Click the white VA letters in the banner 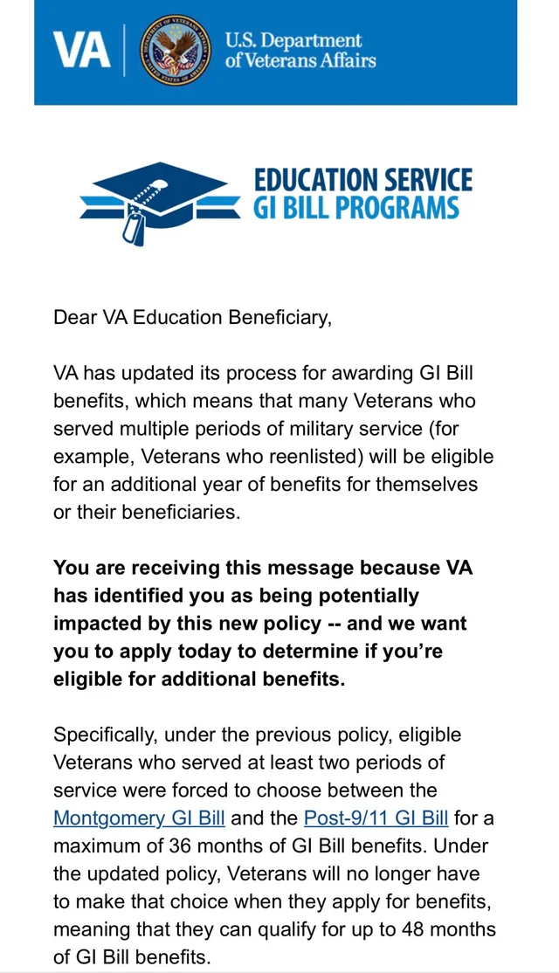pyautogui.click(x=81, y=51)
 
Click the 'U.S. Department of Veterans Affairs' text pyautogui.click(x=300, y=51)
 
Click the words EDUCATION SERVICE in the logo pyautogui.click(x=363, y=180)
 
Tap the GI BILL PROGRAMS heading pyautogui.click(x=355, y=207)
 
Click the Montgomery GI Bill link pyautogui.click(x=140, y=818)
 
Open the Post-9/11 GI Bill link pyautogui.click(x=376, y=818)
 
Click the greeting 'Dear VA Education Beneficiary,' pyautogui.click(x=193, y=317)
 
